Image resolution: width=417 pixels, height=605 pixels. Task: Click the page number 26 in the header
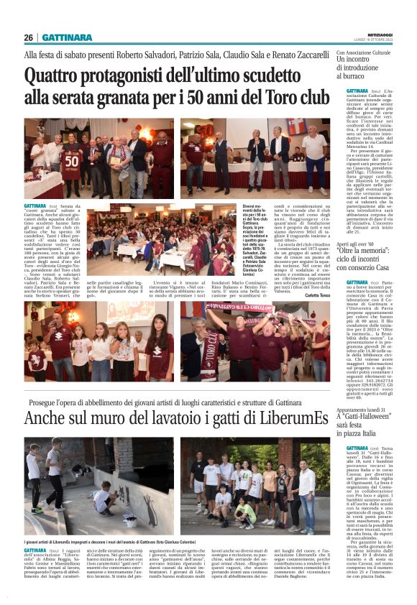point(28,37)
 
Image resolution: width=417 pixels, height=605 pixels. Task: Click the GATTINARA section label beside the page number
point(67,37)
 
